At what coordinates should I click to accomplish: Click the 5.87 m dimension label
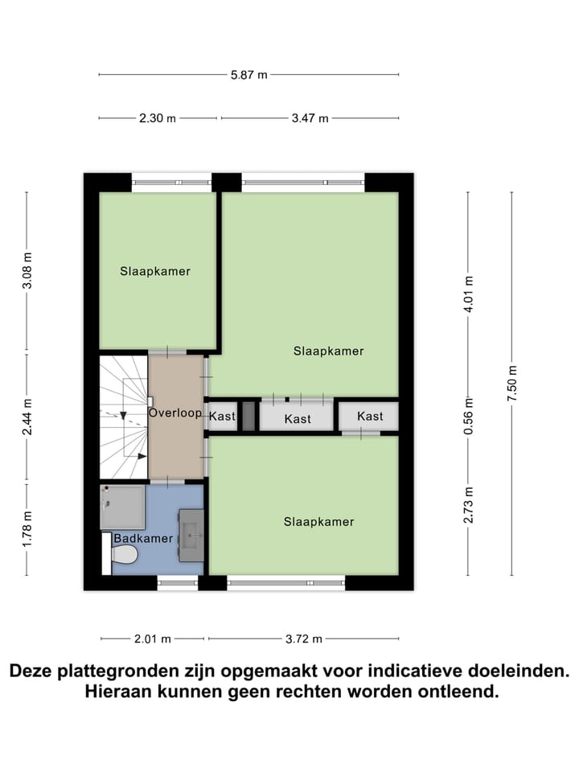click(x=248, y=75)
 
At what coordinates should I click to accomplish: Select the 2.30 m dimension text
click(x=157, y=118)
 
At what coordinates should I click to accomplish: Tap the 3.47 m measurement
click(x=310, y=118)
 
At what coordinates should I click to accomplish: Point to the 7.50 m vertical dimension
click(x=512, y=384)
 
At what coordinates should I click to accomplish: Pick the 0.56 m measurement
click(x=469, y=415)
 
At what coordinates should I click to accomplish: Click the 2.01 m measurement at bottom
click(x=153, y=639)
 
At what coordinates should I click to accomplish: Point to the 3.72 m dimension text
click(x=303, y=639)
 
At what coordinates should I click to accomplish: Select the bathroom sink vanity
click(x=191, y=534)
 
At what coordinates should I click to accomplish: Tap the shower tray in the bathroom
click(x=123, y=507)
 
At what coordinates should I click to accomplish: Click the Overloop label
click(x=175, y=413)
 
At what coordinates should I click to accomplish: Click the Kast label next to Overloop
click(x=222, y=417)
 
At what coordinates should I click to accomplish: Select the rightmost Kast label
click(x=370, y=416)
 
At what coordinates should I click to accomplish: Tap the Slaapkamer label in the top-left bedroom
click(x=155, y=271)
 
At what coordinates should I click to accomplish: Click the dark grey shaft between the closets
click(x=248, y=416)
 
